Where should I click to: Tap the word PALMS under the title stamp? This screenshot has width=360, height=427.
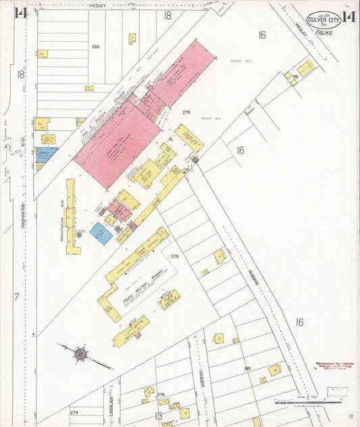pos(324,32)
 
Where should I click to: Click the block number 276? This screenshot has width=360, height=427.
pos(186,112)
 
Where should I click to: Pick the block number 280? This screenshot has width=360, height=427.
pos(95,47)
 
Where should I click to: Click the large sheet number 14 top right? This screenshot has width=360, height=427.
pos(349,17)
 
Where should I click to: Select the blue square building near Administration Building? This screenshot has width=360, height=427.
pos(101,234)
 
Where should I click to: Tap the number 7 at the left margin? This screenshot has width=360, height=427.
pos(16,297)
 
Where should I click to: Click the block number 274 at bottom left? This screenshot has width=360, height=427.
pos(74,411)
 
